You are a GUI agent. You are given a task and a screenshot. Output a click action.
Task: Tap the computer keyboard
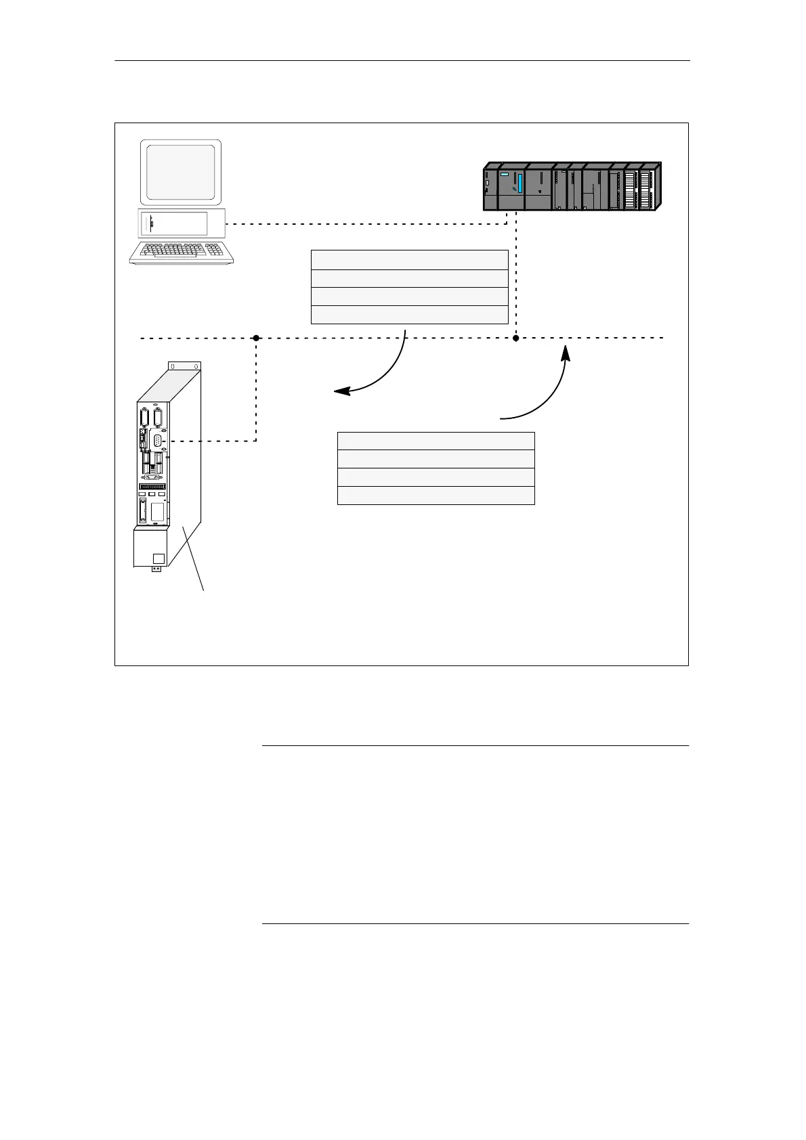(182, 252)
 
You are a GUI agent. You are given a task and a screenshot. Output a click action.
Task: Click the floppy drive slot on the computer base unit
(152, 223)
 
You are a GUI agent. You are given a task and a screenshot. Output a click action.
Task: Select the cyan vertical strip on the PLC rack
(520, 183)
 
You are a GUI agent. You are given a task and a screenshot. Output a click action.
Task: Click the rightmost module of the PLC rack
(652, 188)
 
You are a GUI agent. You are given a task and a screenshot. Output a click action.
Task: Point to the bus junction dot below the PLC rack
(515, 338)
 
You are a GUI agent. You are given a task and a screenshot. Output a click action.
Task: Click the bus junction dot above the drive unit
(256, 338)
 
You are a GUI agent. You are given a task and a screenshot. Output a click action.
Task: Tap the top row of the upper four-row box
(409, 260)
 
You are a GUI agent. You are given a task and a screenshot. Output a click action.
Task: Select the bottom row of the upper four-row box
(409, 315)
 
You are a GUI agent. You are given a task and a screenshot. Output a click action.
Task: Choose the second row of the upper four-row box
(409, 278)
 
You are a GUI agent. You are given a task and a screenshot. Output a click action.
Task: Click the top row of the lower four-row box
(436, 441)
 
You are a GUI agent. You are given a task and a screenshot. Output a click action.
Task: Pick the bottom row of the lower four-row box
(436, 496)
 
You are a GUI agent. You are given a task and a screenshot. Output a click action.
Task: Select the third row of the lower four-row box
(436, 477)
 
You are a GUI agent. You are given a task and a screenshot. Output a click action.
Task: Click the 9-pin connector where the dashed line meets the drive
(158, 441)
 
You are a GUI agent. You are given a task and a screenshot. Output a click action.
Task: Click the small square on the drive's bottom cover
(158, 558)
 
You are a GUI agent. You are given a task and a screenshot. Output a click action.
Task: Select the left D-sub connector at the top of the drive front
(144, 417)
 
